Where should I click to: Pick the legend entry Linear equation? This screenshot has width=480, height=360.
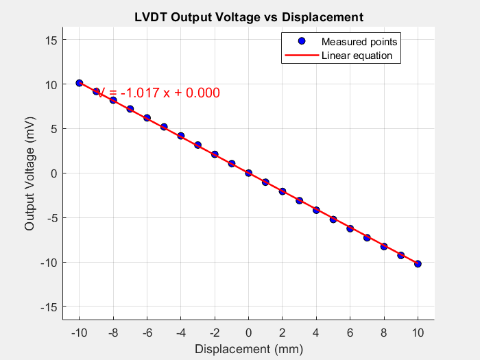click(357, 56)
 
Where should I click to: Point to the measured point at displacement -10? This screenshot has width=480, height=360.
click(80, 83)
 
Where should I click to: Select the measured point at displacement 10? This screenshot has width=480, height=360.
click(418, 264)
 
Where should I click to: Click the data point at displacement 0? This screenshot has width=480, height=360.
click(248, 173)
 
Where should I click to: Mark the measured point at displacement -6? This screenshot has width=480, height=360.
click(147, 118)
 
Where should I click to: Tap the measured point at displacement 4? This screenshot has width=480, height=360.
click(316, 210)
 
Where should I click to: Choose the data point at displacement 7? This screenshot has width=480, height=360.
click(367, 237)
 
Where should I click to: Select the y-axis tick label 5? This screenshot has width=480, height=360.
click(52, 129)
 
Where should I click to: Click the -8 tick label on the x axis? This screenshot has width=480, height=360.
click(113, 333)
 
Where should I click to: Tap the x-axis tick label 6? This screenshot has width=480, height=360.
click(350, 333)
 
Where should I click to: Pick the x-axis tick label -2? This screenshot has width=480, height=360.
click(215, 333)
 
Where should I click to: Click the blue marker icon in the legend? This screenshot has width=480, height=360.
click(301, 41)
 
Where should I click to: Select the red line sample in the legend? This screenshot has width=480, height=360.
click(301, 56)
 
